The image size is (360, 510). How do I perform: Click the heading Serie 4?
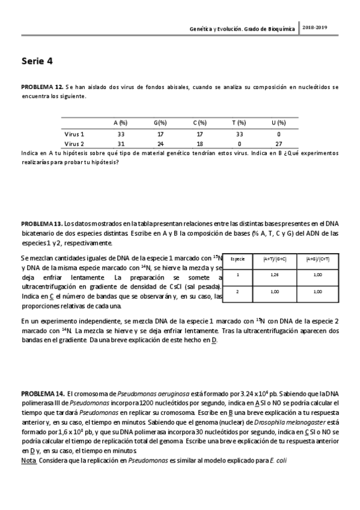tap(38, 61)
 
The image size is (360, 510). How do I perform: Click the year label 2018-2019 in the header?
tap(316, 28)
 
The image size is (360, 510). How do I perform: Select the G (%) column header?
tap(159, 123)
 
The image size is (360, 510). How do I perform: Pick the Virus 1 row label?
tap(75, 134)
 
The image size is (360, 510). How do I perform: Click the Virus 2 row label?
tap(75, 144)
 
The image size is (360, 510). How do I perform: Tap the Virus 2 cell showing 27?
tap(278, 144)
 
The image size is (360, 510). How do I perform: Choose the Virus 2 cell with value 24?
tap(160, 144)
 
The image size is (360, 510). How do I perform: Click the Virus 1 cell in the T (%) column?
tap(239, 134)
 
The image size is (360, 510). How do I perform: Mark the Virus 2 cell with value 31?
tap(121, 144)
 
